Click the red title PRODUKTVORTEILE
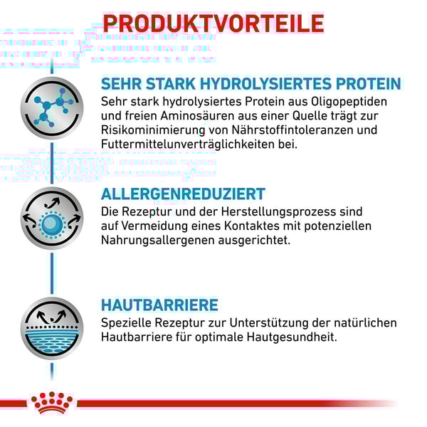click(213, 23)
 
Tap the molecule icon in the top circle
click(52, 108)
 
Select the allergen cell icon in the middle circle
click(52, 218)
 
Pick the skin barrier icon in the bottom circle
click(52, 328)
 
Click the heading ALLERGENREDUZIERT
click(183, 194)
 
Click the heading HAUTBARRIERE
click(159, 305)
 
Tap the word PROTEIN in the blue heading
click(369, 83)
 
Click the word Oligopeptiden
click(349, 102)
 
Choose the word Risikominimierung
click(153, 130)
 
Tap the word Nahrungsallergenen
click(158, 241)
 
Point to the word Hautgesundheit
click(292, 337)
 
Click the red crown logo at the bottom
click(52, 403)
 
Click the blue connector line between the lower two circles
click(52, 273)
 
